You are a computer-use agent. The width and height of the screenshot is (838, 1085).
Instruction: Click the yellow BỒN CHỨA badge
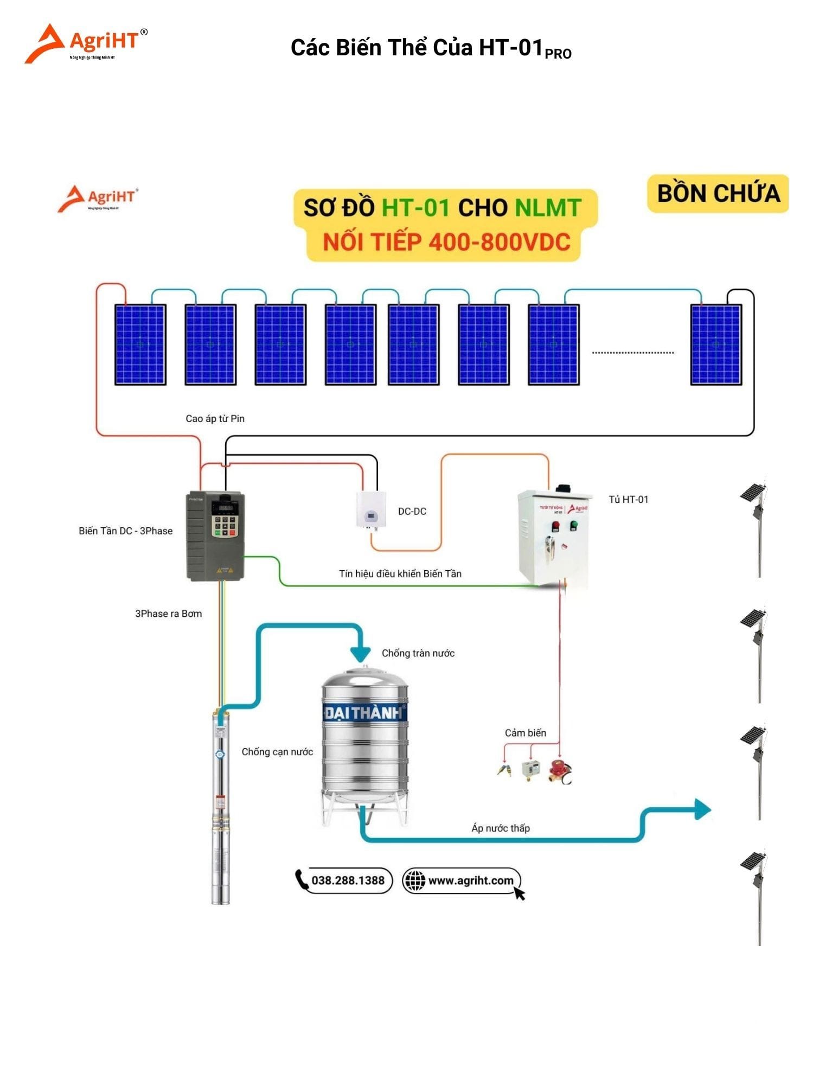717,194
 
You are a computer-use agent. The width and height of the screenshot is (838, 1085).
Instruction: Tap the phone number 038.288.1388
347,880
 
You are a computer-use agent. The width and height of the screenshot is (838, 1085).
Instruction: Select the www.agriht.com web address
470,880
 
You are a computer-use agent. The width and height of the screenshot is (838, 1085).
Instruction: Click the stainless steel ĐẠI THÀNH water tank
364,743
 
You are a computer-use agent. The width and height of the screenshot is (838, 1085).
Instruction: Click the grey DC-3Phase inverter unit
215,535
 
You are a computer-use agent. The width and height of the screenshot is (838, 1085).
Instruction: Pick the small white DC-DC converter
371,509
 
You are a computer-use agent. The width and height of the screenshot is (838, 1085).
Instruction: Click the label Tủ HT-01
628,499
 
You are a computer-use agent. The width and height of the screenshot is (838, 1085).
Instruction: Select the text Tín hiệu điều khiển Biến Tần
400,573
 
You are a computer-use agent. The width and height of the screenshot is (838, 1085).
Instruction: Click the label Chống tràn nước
418,653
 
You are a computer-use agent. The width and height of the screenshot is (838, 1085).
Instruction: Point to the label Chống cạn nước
277,751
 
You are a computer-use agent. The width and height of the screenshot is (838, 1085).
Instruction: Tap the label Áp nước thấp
500,828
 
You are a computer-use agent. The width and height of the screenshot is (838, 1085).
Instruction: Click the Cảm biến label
525,733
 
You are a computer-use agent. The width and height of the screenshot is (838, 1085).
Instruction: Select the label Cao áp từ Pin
215,418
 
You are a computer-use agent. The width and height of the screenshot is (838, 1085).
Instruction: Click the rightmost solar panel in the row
715,344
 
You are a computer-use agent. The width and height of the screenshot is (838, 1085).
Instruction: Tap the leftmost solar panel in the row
140,344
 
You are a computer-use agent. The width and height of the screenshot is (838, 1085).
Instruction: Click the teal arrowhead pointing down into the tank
360,654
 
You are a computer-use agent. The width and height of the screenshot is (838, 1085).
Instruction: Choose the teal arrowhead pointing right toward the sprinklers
702,809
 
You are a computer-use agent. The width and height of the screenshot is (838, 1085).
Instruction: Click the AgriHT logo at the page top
86,43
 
